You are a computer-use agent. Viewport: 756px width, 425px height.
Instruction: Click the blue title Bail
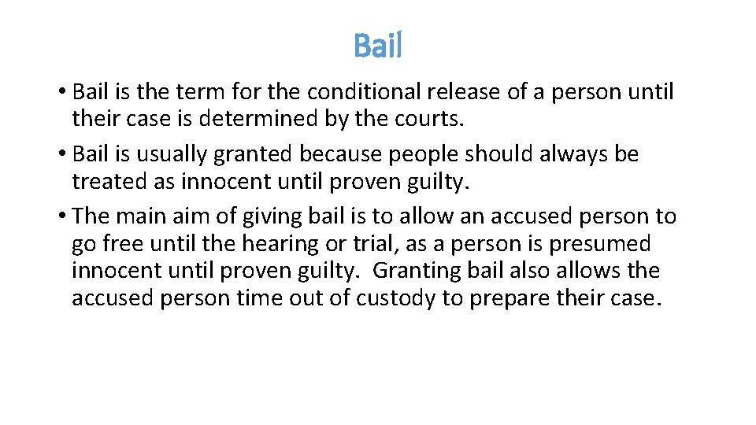tap(378, 46)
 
